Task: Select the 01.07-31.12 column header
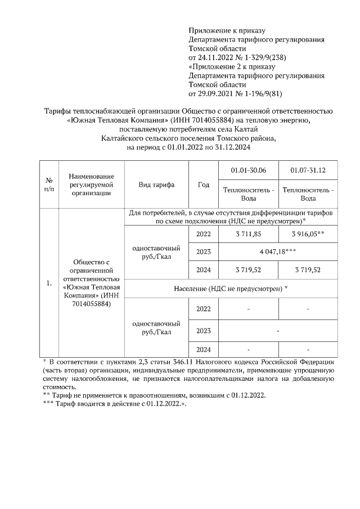point(308,170)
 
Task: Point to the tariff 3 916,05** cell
point(308,233)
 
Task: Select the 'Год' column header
point(204,184)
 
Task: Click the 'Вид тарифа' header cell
point(156,184)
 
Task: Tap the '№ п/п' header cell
point(49,184)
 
